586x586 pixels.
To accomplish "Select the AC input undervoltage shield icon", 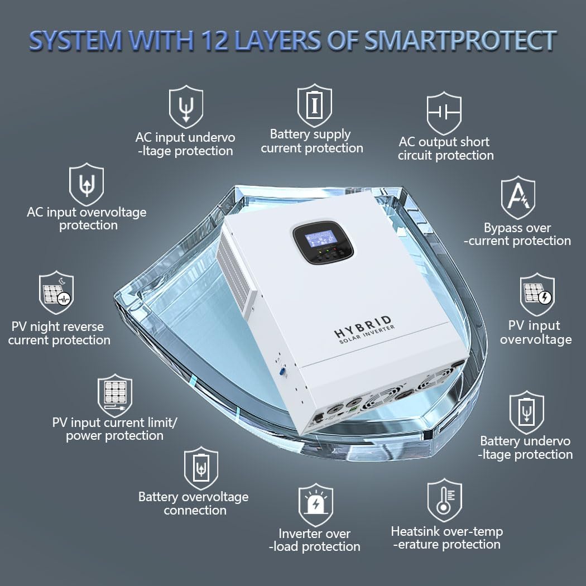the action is tap(186, 107).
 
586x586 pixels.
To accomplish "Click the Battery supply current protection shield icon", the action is tap(314, 105).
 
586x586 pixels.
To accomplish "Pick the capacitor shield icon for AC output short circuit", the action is tap(444, 113).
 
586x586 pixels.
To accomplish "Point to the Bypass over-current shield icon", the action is tap(517, 198).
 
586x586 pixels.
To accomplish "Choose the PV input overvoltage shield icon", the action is tap(537, 295).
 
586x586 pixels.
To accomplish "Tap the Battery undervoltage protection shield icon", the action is tap(527, 412).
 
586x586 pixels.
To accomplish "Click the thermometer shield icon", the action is tap(444, 500).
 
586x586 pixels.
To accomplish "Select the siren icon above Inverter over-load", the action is tap(315, 505).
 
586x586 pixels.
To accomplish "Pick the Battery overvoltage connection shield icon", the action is tap(201, 468).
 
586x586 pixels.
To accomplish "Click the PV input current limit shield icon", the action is tap(115, 395).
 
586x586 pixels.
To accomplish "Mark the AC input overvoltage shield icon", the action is tap(87, 184).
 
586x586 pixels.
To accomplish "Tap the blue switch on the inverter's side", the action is tap(282, 372).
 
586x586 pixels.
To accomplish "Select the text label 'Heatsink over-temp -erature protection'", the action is tap(446, 538).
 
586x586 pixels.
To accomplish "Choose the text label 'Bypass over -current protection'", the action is tap(517, 234).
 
